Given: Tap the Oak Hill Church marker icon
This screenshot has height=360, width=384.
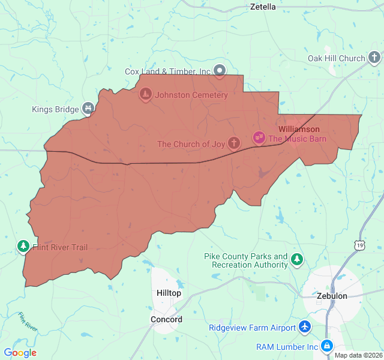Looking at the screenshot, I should point(374,58).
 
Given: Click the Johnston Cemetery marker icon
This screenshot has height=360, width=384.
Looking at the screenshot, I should point(145,95).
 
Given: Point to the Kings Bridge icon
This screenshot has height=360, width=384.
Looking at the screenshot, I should point(88,109).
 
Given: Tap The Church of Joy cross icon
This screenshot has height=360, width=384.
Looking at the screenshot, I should point(234,143).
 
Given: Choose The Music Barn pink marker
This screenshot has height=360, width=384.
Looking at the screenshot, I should point(259,139).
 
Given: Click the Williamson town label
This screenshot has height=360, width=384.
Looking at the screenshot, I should point(299,129).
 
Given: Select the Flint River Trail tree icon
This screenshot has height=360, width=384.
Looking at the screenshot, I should point(23,247).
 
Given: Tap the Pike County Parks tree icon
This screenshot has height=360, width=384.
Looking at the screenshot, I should point(296,260).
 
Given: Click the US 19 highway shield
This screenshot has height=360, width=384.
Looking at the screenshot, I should point(359,245).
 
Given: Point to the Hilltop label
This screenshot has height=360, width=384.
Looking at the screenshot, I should point(169,293).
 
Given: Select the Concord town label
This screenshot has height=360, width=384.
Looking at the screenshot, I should point(166,319).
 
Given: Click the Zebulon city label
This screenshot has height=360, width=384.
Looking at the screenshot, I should point(332,296).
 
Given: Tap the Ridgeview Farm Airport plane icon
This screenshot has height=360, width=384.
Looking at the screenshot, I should point(305,328).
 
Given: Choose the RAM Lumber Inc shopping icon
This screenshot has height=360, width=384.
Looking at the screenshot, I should point(326,346).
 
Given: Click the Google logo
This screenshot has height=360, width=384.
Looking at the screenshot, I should point(20,353).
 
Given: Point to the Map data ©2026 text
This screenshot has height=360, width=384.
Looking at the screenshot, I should point(358,355).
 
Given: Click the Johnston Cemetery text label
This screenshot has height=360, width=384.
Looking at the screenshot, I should point(191,95).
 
